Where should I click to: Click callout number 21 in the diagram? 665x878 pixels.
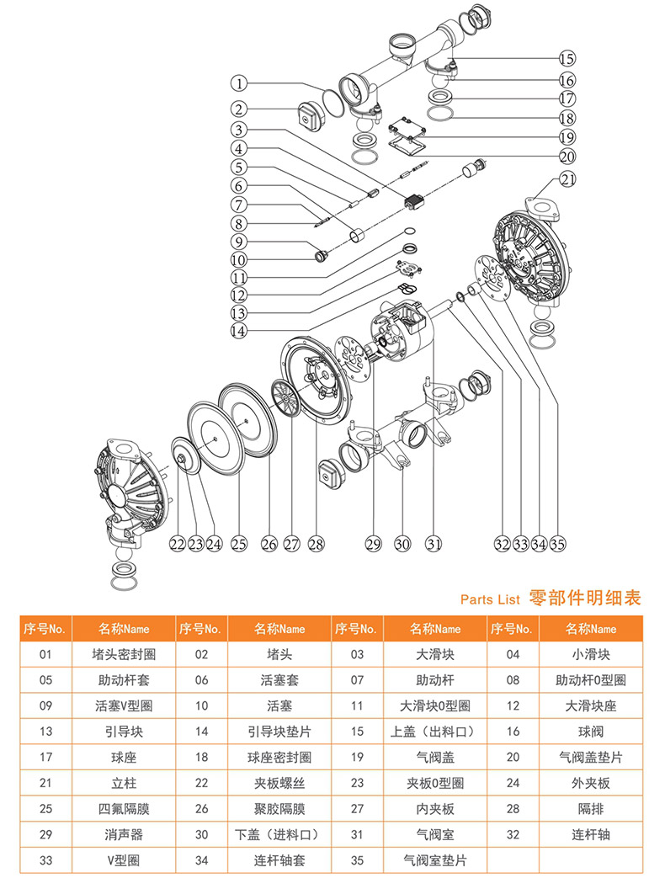[569, 179]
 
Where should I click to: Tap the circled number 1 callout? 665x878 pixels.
[240, 83]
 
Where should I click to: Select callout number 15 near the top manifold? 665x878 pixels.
[567, 59]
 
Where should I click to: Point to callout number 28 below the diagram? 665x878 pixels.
[316, 544]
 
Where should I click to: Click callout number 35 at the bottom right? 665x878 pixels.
[558, 544]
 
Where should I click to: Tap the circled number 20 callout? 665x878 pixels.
[567, 156]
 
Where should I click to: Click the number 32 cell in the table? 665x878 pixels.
[513, 834]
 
